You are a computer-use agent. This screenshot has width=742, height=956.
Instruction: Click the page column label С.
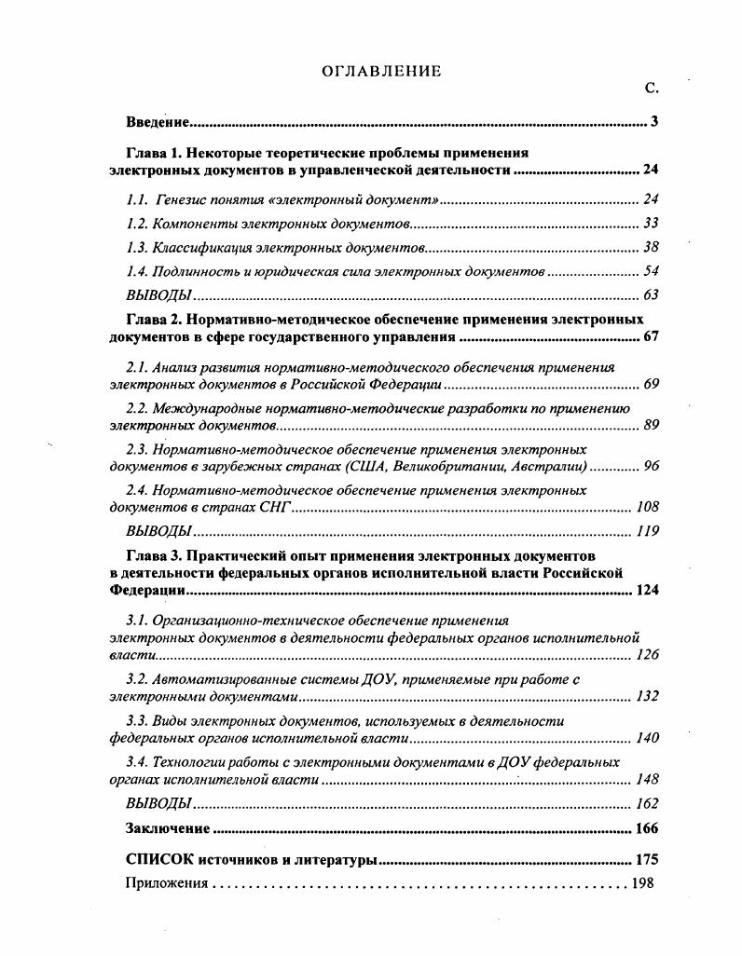pos(651,89)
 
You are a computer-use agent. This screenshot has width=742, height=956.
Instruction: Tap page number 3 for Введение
pos(654,122)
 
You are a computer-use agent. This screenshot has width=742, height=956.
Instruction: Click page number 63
pos(651,295)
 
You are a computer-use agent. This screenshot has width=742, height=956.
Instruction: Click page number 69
pos(651,384)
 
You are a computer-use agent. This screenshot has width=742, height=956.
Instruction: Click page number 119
pos(647,531)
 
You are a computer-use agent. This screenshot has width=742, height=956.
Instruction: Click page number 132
pos(647,696)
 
